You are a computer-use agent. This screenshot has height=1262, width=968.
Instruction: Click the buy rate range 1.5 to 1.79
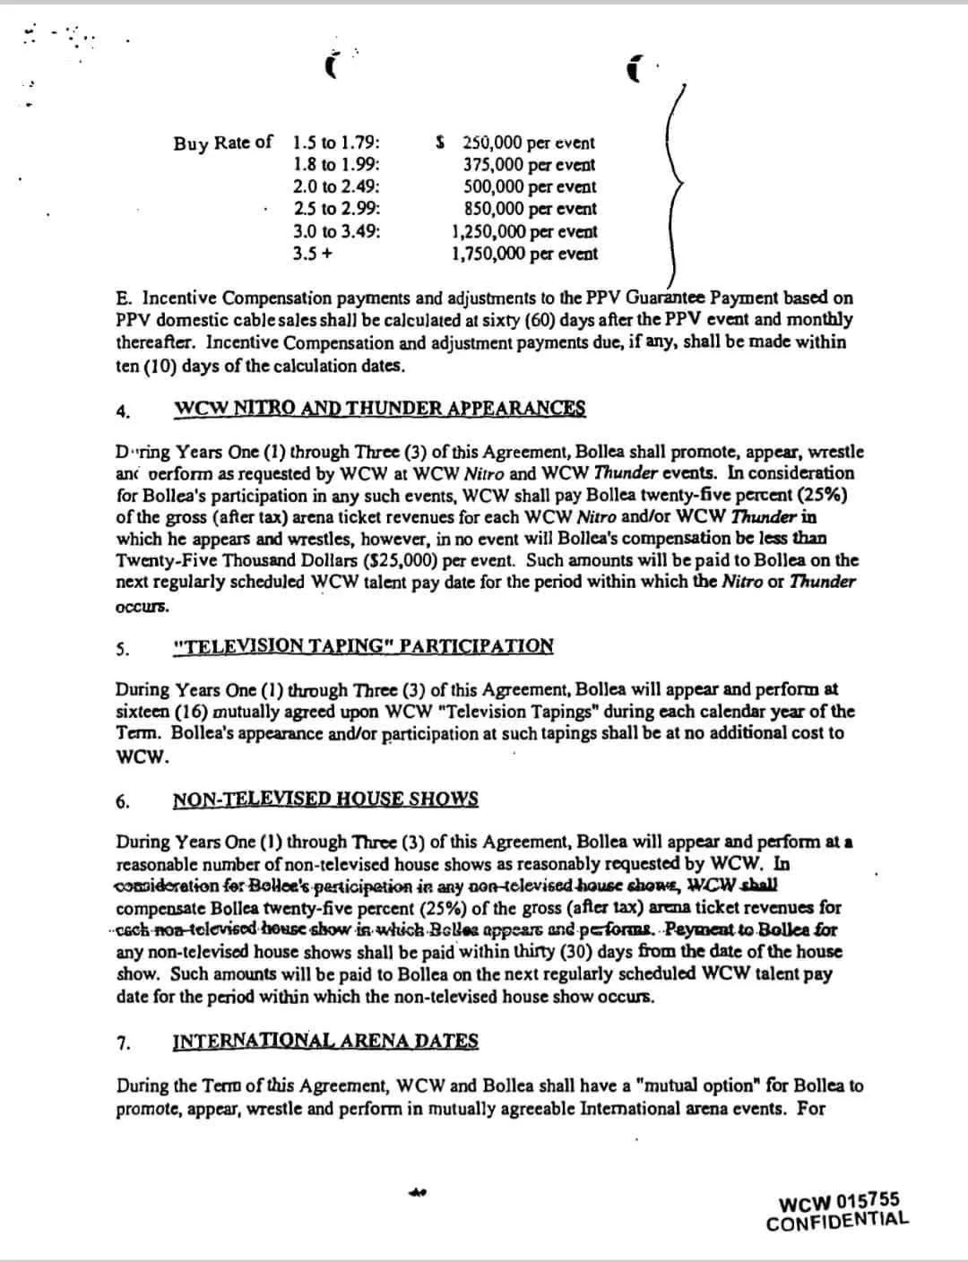pyautogui.click(x=336, y=143)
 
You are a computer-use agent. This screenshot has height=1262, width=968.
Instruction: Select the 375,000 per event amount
pyautogui.click(x=529, y=165)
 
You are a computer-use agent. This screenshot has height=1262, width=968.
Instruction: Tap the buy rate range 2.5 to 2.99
pyautogui.click(x=336, y=209)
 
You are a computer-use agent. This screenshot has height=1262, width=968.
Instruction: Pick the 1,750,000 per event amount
pyautogui.click(x=524, y=254)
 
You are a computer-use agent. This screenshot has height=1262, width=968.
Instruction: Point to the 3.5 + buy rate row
pyautogui.click(x=313, y=254)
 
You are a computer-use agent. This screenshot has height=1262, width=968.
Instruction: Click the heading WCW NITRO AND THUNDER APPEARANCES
pyautogui.click(x=379, y=409)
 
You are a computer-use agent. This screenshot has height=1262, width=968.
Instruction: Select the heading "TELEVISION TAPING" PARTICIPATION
pyautogui.click(x=363, y=646)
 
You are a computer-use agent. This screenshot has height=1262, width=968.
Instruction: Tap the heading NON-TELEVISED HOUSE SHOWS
pyautogui.click(x=325, y=800)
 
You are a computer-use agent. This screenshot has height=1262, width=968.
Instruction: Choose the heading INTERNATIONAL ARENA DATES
pyautogui.click(x=325, y=1042)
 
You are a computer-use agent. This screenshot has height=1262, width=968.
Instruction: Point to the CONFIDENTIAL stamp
pyautogui.click(x=837, y=1221)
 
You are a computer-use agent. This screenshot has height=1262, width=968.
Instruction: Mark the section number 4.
pyautogui.click(x=123, y=412)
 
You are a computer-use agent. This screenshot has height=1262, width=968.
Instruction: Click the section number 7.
pyautogui.click(x=123, y=1043)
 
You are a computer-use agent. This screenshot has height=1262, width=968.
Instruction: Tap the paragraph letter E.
pyautogui.click(x=122, y=298)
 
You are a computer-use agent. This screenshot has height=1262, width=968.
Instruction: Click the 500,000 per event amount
pyautogui.click(x=529, y=187)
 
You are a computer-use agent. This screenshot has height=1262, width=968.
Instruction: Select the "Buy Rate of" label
pyautogui.click(x=223, y=143)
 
